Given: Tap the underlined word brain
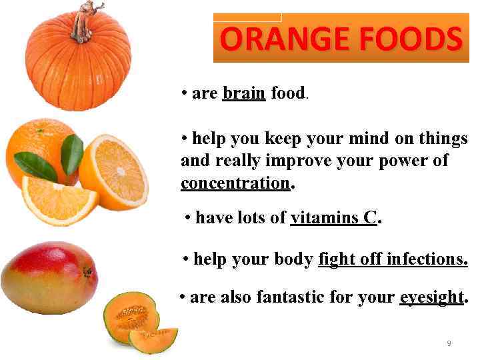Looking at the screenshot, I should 244,93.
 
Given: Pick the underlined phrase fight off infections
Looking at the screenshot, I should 393,259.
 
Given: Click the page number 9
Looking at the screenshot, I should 449,343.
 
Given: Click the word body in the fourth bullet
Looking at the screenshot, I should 293,259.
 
